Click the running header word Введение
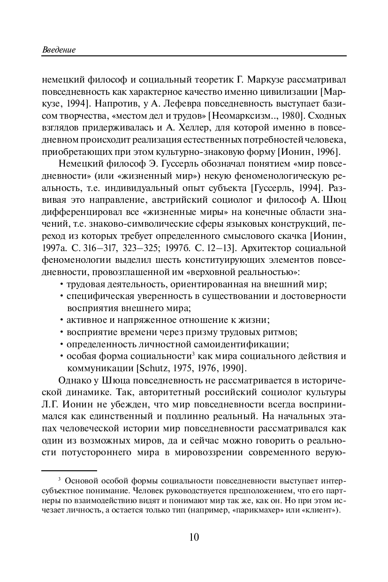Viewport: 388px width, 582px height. coord(59,50)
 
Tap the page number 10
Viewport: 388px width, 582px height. coord(194,537)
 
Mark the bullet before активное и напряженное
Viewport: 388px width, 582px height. coord(62,321)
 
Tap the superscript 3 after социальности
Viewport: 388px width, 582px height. coord(193,353)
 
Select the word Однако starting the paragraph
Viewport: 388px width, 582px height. coord(74,381)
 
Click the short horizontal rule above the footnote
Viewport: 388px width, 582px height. coord(69,470)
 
